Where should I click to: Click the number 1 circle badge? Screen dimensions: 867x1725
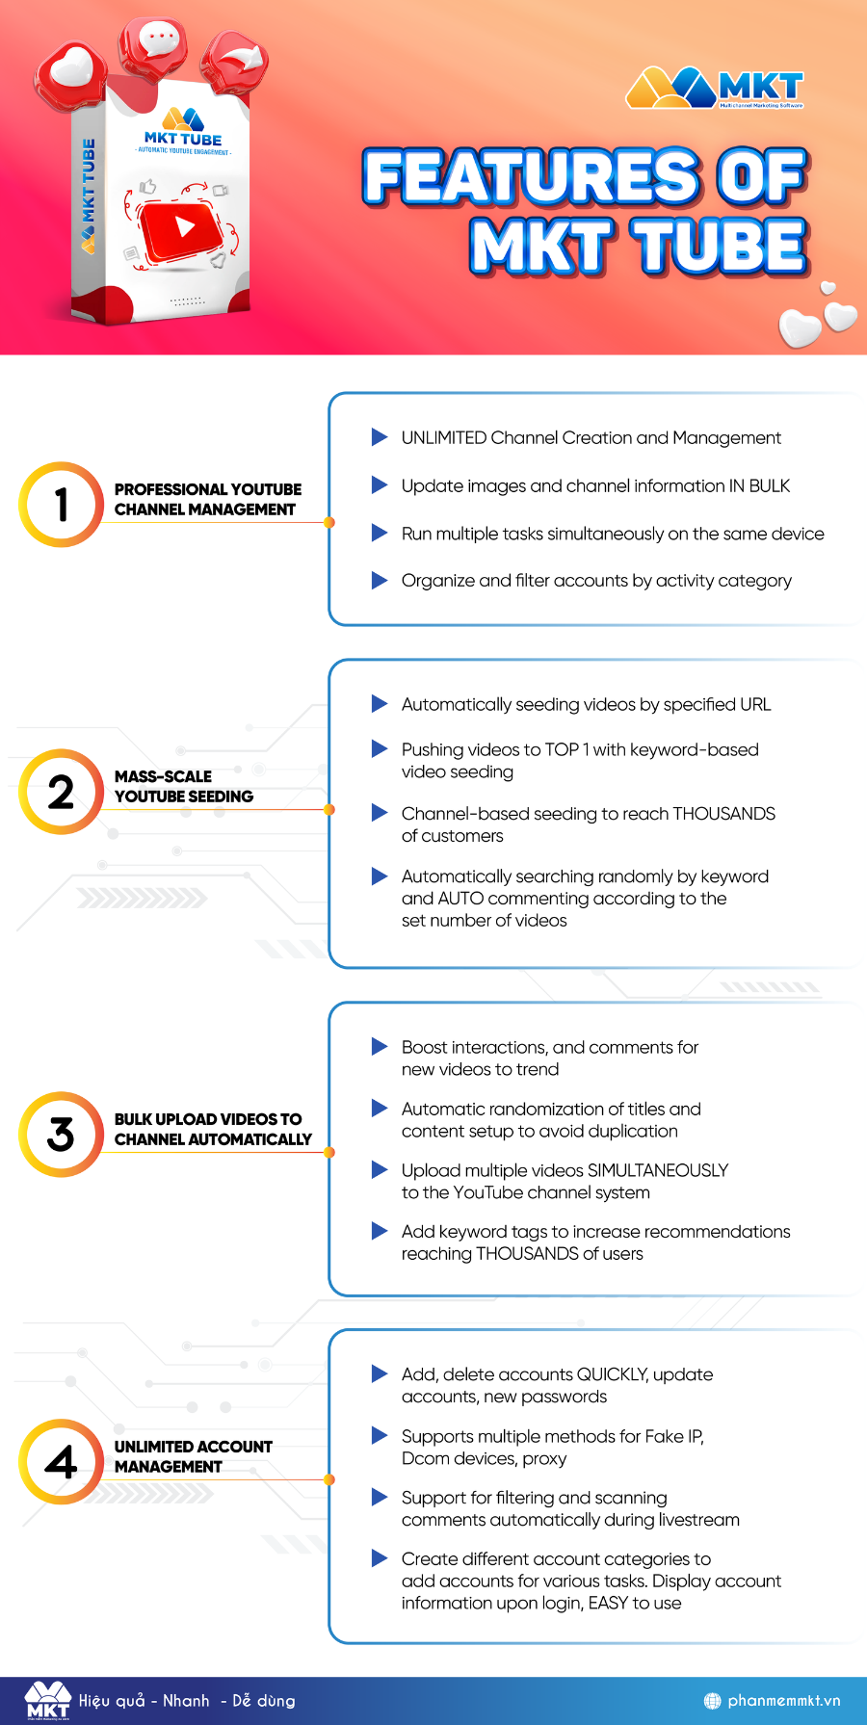61,505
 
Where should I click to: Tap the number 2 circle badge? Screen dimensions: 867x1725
61,792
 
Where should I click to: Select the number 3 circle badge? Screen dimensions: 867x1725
61,1135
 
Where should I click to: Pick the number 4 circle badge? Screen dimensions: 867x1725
61,1462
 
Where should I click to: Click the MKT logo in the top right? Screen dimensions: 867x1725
715,89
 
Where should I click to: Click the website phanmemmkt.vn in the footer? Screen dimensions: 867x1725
784,1701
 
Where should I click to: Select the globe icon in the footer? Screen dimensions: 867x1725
713,1701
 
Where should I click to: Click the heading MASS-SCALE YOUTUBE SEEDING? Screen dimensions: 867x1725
184,786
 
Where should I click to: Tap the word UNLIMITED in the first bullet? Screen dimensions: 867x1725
444,438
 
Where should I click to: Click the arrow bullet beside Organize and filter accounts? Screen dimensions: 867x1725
380,580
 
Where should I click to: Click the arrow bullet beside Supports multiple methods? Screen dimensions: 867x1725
380,1436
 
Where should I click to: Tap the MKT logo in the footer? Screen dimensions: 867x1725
48,1700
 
